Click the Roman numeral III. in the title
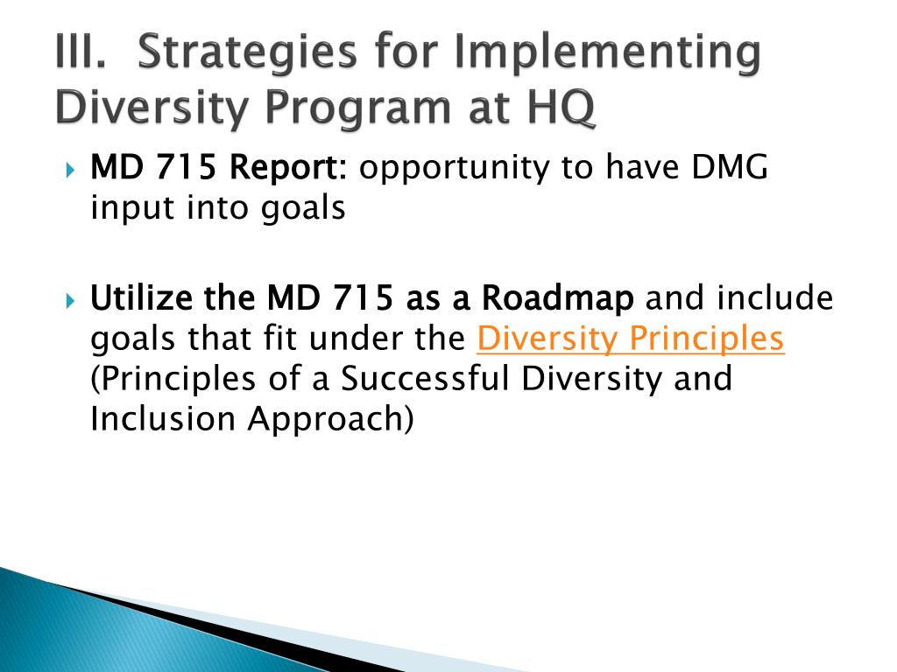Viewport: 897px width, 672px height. (81, 52)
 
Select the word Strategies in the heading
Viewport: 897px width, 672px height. (248, 54)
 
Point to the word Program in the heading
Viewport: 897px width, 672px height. (358, 108)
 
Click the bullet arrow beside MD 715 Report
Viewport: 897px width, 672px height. (70, 170)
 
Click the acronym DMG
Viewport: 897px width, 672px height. (730, 167)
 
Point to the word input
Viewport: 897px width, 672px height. (132, 208)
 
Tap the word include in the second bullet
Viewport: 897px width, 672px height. (775, 297)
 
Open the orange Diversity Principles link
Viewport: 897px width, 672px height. (630, 339)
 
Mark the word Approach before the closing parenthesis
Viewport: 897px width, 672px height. (325, 420)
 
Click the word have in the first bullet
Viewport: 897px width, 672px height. (642, 168)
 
